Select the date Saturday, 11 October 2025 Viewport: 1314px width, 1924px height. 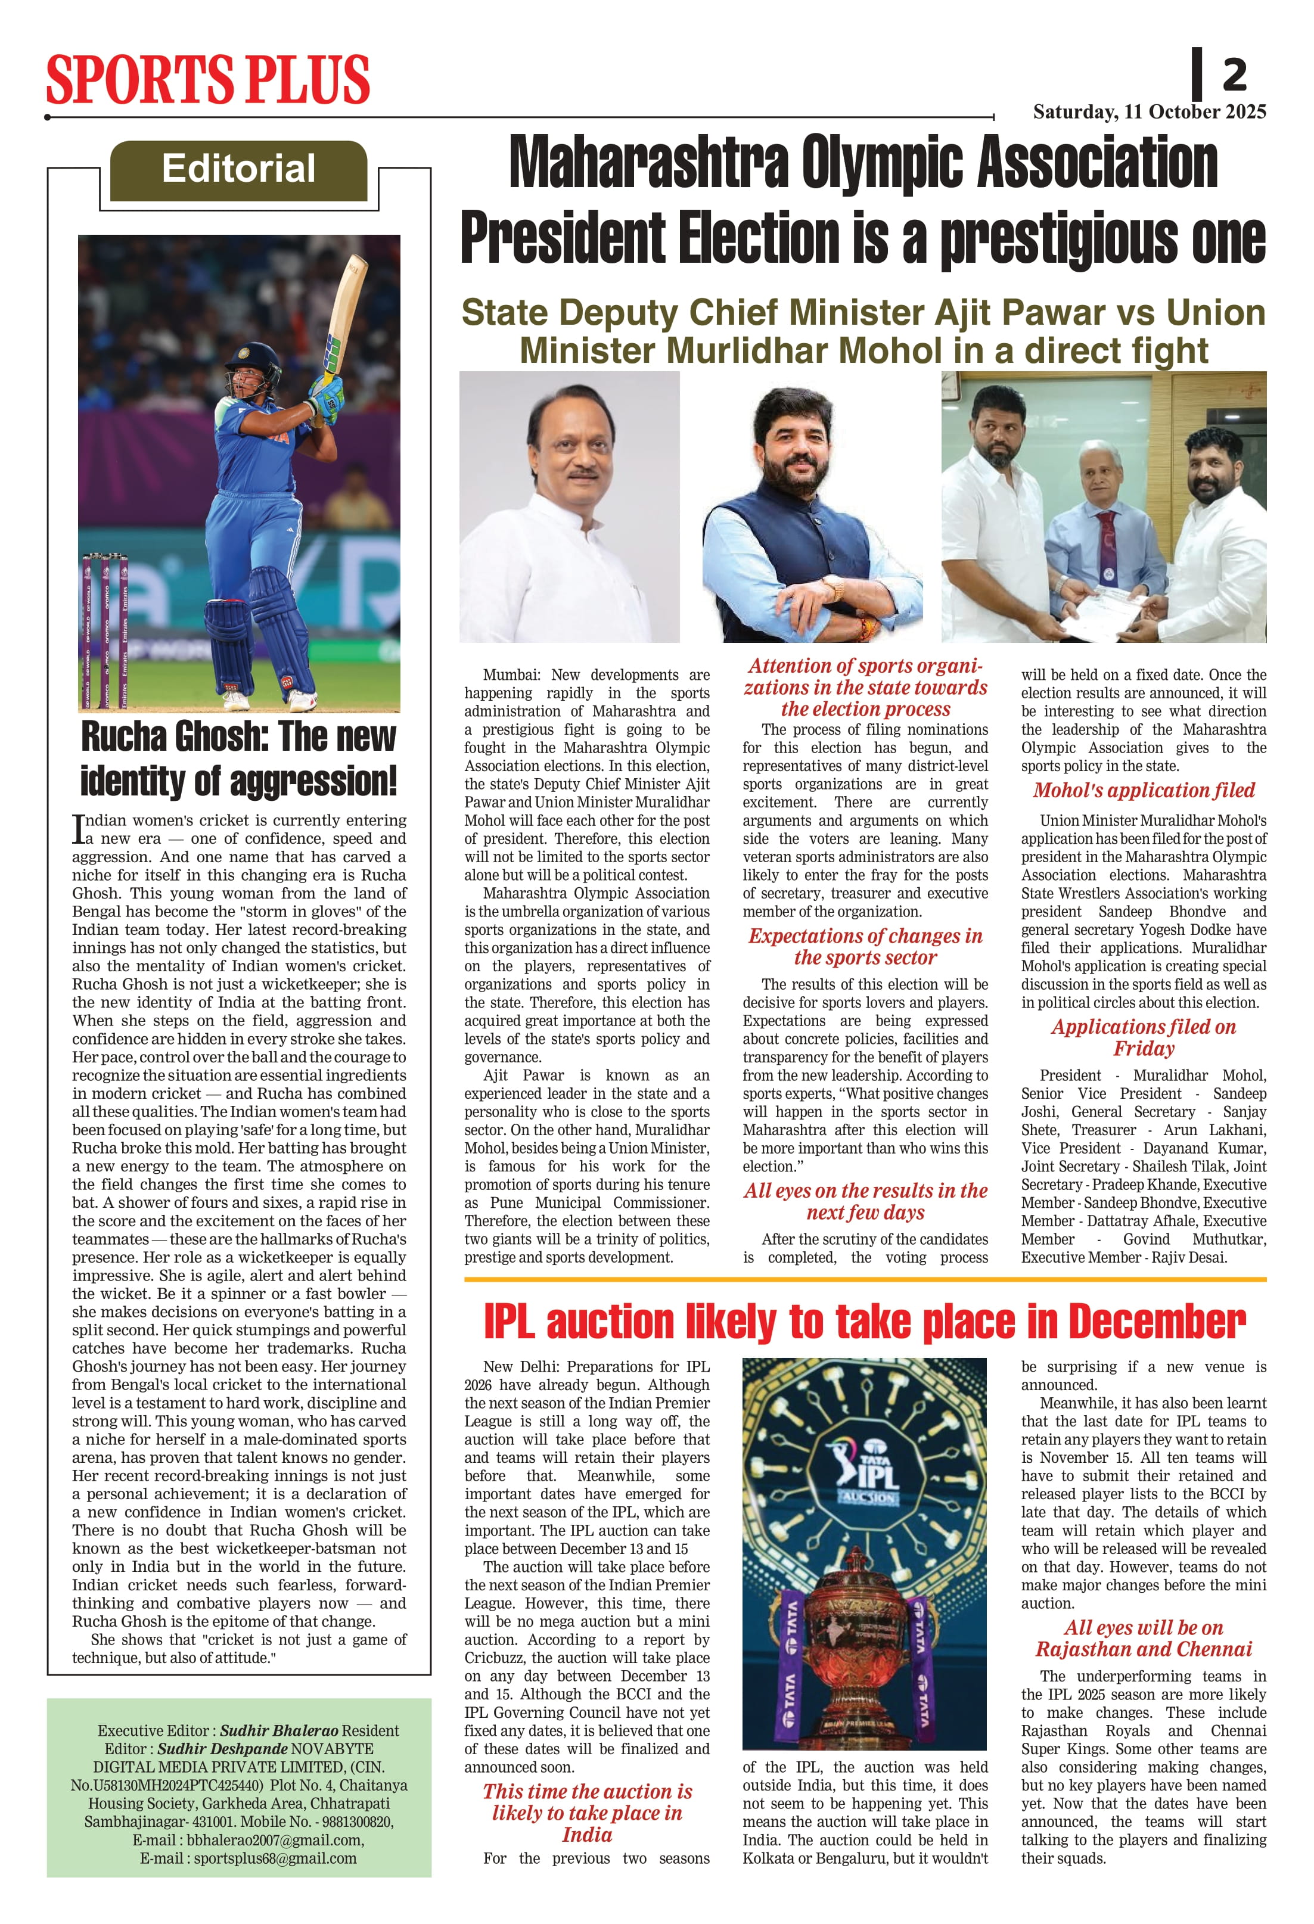pos(1150,112)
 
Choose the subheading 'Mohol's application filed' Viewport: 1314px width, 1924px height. pos(1144,791)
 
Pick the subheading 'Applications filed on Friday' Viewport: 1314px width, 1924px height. pos(1144,1037)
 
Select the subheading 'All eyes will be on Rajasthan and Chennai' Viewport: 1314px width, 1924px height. pos(1144,1639)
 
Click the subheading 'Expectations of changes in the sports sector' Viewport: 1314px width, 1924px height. pos(865,946)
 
